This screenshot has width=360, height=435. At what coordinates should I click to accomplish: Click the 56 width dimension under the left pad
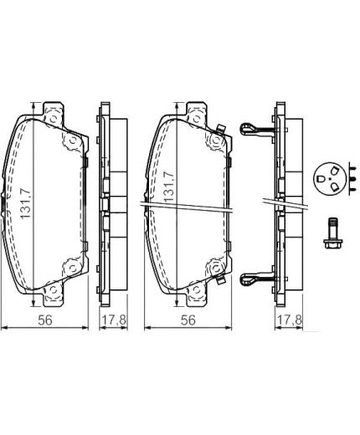click(45, 320)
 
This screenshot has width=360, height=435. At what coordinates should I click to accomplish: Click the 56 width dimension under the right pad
click(188, 320)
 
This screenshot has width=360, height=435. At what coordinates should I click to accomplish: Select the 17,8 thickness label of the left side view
click(114, 320)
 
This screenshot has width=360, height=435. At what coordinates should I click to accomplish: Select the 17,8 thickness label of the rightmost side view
click(289, 320)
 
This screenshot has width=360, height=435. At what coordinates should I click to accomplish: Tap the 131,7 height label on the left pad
click(26, 203)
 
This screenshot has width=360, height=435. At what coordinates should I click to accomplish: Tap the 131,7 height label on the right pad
click(169, 187)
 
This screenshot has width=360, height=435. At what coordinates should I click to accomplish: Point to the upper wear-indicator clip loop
click(248, 130)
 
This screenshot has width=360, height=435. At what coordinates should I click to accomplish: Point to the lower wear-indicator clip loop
click(248, 279)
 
